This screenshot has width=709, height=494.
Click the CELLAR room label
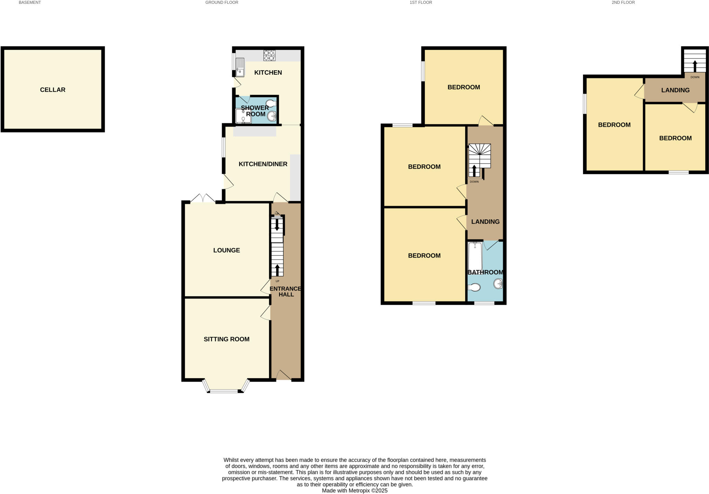53,90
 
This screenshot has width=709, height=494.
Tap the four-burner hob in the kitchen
269,55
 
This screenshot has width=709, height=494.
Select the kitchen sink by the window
240,67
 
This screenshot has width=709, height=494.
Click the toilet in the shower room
271,103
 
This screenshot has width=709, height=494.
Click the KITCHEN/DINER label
263,164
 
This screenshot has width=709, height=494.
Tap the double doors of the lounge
203,199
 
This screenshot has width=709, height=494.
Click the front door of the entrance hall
284,376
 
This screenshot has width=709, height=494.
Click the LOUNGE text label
226,250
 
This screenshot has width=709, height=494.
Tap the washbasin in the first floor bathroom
498,284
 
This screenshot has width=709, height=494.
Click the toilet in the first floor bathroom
474,287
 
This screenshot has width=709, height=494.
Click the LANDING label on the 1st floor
485,222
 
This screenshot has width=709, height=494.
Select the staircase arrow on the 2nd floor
694,65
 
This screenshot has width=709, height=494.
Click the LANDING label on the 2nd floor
675,90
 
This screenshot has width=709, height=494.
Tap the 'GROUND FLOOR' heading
222,2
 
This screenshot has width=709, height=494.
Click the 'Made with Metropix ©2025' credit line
354,491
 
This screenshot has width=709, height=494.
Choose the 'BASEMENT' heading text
30,2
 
